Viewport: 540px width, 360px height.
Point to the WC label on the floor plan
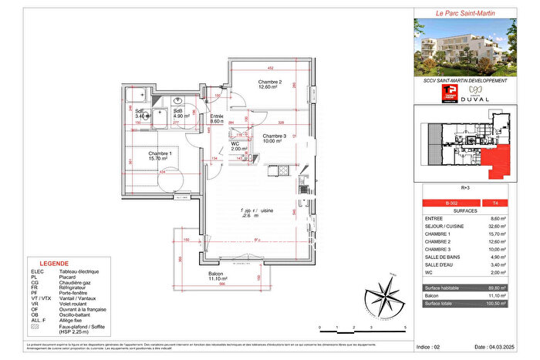235,144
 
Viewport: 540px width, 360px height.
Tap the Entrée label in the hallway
217,117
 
